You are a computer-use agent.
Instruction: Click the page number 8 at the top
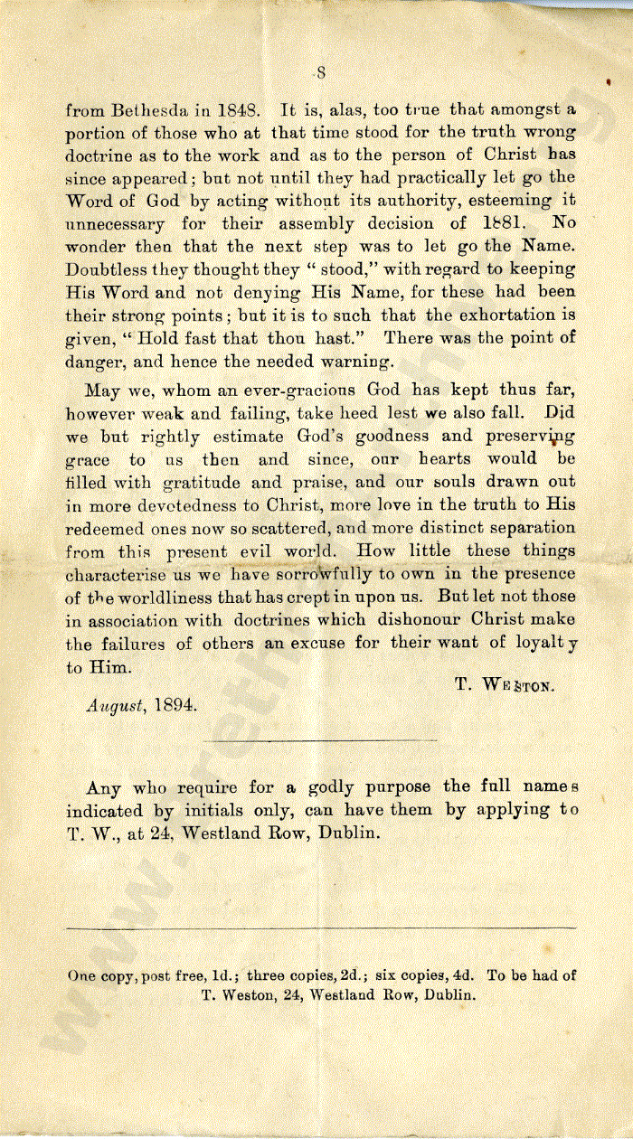[321, 74]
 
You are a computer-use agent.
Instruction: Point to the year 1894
[175, 706]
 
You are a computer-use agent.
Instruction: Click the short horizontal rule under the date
[321, 741]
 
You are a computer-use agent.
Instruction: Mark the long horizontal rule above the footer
[321, 928]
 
